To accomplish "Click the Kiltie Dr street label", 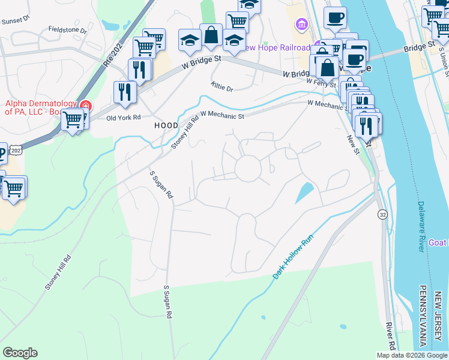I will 222,88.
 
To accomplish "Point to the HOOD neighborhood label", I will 166,125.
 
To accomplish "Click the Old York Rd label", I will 123,118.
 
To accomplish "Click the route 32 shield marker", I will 382,214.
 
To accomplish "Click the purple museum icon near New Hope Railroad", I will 301,25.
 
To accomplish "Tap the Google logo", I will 20,353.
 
